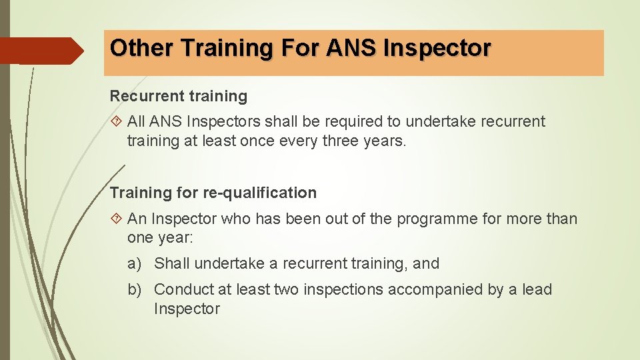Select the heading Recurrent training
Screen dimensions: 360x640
(x=179, y=96)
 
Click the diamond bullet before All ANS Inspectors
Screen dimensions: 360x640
(x=117, y=122)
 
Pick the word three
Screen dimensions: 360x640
(x=341, y=141)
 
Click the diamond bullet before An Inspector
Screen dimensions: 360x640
(x=117, y=219)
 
